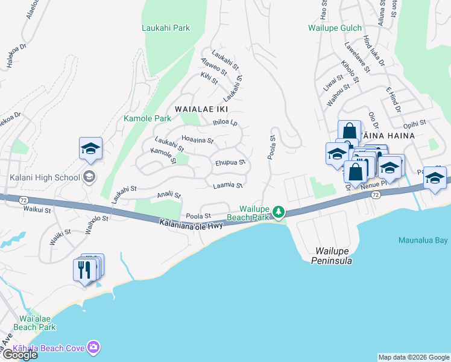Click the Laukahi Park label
coord(166,28)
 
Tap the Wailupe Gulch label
coord(335,28)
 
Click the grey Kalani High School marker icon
coord(89,176)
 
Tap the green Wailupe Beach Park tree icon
coord(278,211)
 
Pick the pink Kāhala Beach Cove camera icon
coord(94,348)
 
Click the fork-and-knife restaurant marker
coord(84,269)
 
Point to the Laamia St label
coord(227,186)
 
